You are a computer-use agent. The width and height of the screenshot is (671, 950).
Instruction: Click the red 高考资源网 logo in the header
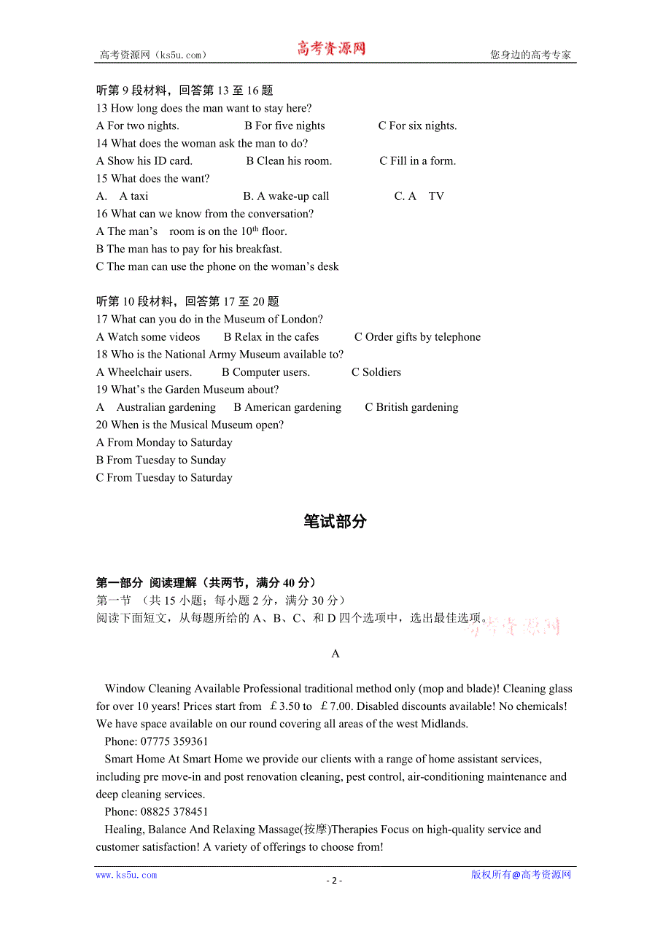pos(331,49)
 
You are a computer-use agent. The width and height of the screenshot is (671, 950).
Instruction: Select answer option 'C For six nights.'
pos(417,125)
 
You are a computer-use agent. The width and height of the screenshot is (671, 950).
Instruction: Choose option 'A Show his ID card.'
pos(144,161)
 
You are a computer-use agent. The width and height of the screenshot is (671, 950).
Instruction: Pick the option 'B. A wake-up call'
pos(286,196)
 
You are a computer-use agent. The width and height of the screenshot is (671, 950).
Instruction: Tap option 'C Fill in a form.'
pos(417,161)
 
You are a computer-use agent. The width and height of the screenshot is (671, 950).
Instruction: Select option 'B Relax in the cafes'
pos(271,336)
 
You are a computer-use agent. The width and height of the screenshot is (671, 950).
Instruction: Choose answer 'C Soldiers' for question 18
pos(376,371)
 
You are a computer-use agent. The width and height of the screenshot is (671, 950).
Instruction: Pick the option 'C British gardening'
pos(411,406)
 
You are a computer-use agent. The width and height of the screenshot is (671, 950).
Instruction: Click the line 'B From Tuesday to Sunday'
pos(161,460)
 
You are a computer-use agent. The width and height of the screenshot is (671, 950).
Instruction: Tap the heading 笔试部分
pos(335,522)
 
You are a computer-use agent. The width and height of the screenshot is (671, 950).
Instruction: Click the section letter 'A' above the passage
pos(335,654)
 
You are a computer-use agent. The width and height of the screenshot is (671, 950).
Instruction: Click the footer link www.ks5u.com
pos(126,875)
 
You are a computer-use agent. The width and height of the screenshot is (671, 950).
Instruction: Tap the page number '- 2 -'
pos(334,880)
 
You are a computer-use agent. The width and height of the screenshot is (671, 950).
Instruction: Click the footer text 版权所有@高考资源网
pos(521,875)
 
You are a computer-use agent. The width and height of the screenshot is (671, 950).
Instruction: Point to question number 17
pos(102,319)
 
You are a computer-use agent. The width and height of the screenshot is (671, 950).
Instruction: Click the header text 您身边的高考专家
pos(530,55)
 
